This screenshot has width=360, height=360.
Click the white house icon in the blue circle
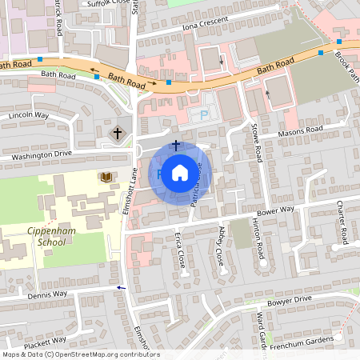click(179, 173)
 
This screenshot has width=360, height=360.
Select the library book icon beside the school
click(104, 176)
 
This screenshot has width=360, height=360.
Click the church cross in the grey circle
click(118, 133)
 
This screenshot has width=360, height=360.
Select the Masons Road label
click(299, 130)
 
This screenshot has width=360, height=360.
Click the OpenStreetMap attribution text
click(81, 354)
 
